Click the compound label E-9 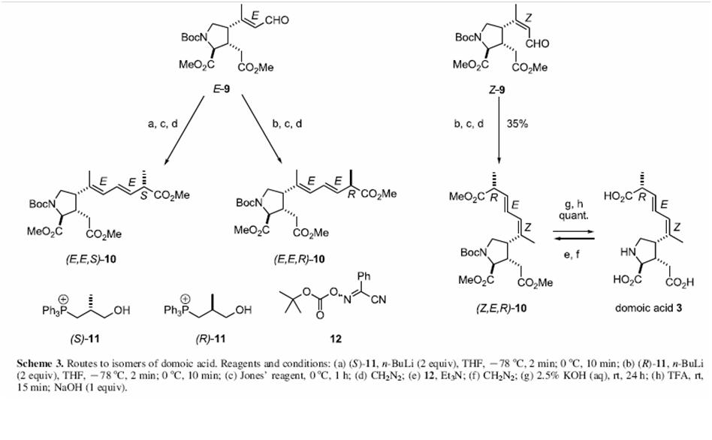point(221,89)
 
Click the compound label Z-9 point(496,90)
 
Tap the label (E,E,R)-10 point(299,259)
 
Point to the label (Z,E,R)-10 point(501,309)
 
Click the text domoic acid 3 point(648,308)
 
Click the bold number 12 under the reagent point(336,339)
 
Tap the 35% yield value point(517,123)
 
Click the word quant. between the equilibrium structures point(574,215)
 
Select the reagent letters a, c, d point(162,123)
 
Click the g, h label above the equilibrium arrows point(574,205)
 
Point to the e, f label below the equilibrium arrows point(572,255)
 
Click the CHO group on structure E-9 point(277,20)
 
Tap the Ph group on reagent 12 point(364,276)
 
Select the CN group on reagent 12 point(379,300)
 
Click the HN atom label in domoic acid point(627,252)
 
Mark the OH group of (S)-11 point(122,310)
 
